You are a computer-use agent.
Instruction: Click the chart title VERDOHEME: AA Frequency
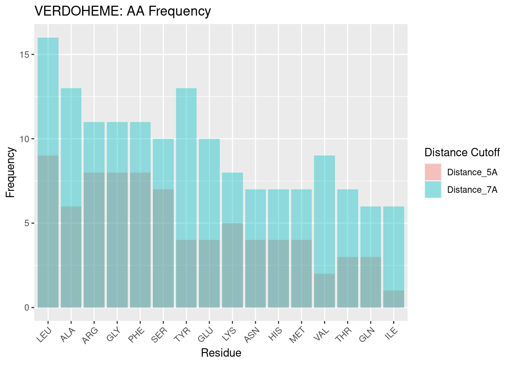point(122,11)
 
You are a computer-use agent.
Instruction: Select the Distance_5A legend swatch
point(433,172)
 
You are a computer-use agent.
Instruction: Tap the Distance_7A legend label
point(472,190)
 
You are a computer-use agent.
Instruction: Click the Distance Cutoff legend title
point(462,152)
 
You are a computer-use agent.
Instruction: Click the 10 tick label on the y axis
point(24,139)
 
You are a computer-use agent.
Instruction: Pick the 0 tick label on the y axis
point(27,307)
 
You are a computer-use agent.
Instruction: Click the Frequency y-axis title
point(11,172)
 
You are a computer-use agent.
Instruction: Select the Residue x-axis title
point(221,353)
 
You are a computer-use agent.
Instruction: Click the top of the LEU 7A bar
point(48,39)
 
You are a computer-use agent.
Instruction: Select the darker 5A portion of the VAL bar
point(324,290)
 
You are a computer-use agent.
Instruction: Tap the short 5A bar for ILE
point(394,299)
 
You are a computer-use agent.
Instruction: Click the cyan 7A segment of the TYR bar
point(186,163)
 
